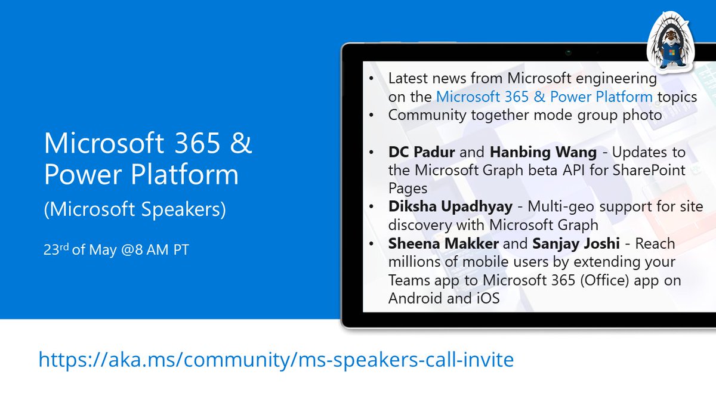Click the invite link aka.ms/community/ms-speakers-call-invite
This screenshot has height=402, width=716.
pos(276,360)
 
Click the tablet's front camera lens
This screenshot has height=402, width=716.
pos(569,52)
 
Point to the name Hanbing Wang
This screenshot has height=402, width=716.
pos(543,152)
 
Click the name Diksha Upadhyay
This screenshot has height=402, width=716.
pos(450,207)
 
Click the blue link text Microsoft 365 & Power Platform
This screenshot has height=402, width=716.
pos(544,97)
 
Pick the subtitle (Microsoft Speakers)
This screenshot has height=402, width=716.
pos(135,210)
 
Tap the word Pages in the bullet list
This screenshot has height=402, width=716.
pos(408,188)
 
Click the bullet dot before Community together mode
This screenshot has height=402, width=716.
pos(372,115)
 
